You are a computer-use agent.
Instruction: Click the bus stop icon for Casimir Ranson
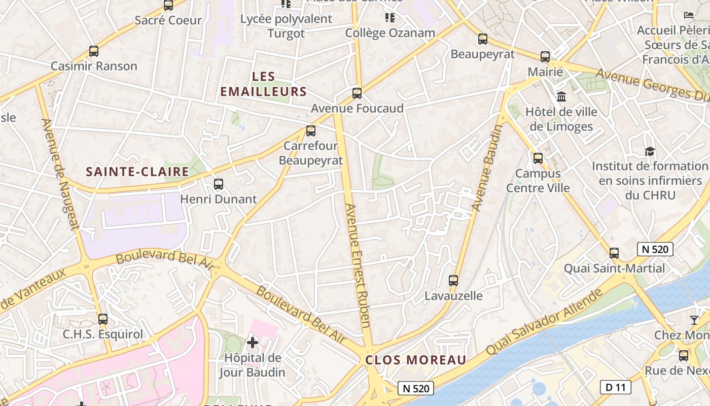(94, 51)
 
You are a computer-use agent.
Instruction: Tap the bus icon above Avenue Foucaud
(357, 93)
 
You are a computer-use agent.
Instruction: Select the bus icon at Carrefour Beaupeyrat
(311, 131)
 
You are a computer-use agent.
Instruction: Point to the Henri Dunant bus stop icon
(219, 184)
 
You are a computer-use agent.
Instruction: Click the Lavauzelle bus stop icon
(453, 280)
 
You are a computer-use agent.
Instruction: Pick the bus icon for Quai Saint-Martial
(614, 253)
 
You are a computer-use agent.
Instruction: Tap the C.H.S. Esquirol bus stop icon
(103, 319)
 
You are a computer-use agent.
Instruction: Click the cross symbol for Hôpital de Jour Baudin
(252, 343)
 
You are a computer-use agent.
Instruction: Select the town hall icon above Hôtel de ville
(561, 96)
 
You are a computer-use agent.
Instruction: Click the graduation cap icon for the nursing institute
(650, 151)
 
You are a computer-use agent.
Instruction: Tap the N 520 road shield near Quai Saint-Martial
(655, 249)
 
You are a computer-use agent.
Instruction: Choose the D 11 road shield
(616, 387)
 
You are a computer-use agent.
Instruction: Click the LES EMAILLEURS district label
(264, 84)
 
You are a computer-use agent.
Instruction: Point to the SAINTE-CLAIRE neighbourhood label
(137, 172)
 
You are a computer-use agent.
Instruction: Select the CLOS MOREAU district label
(416, 360)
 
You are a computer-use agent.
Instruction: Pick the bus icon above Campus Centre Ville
(538, 158)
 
